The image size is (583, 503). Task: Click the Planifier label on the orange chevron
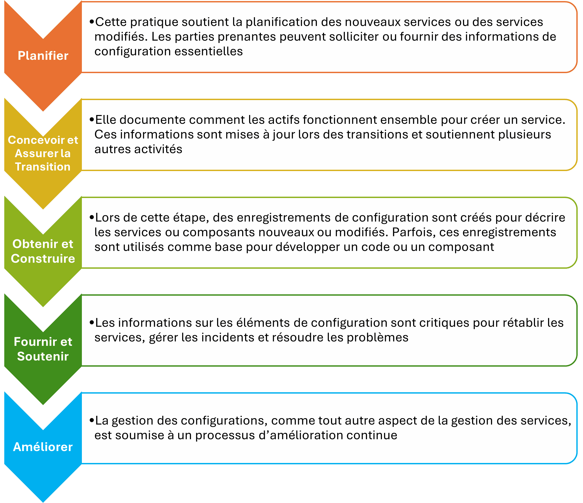coord(43,56)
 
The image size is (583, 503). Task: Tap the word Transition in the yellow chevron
coord(43,167)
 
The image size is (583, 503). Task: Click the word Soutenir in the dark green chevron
coord(43,356)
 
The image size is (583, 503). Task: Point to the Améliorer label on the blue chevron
coord(43,447)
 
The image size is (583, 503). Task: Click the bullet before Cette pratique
coord(91,22)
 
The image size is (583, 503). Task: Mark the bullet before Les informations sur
coord(91,323)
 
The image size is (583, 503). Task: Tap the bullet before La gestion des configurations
coord(91,421)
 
